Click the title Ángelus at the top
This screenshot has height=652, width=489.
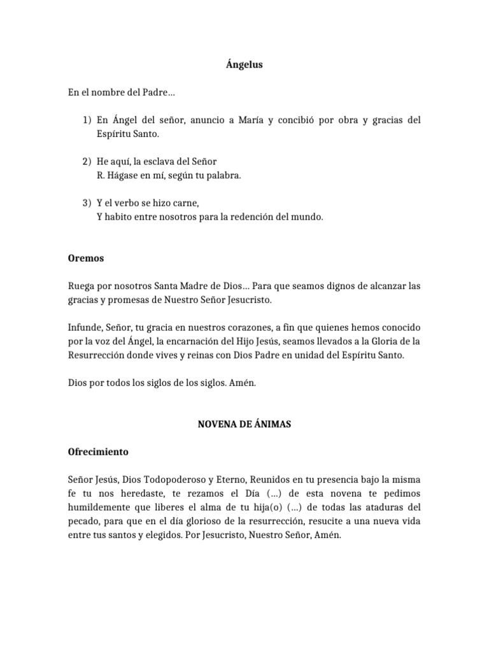244,64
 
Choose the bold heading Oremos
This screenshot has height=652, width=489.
86,259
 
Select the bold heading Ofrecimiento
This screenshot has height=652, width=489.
98,452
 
